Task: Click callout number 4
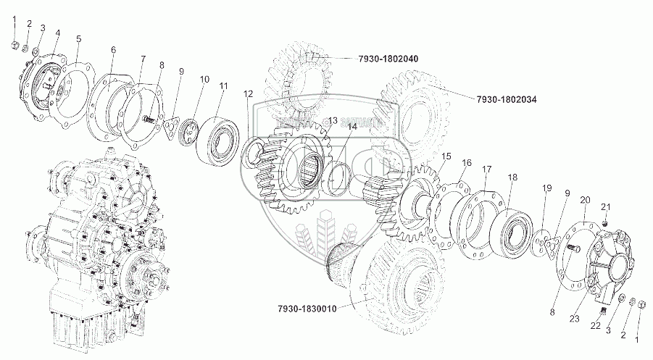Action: coord(57,33)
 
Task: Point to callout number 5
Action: coord(78,38)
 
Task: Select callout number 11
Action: coord(224,86)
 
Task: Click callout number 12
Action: coord(249,93)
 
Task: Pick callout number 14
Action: coord(352,127)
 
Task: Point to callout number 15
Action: coord(446,156)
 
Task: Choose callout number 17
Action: coord(487,169)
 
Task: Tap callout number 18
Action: coord(512,177)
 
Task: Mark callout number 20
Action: coord(585,199)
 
